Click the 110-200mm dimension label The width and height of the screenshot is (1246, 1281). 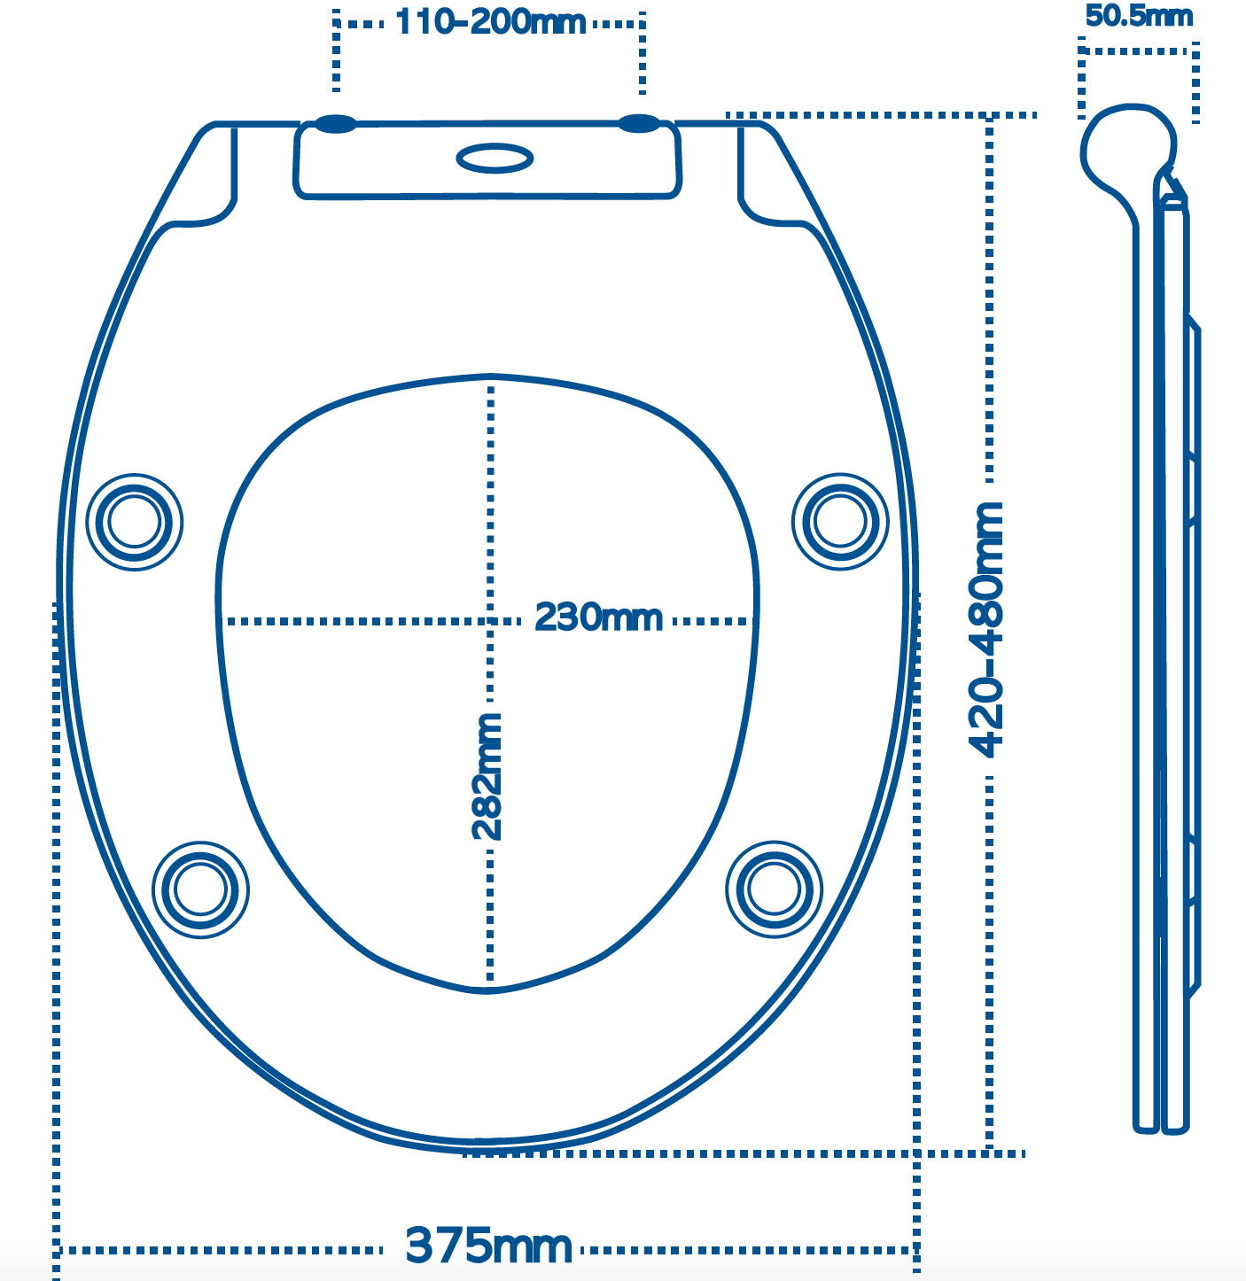490,23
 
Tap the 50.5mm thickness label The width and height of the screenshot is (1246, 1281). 1139,16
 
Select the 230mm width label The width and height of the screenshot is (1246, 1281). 598,617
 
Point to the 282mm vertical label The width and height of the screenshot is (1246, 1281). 488,777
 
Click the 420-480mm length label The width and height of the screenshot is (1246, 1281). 985,630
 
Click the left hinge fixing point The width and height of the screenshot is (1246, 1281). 336,124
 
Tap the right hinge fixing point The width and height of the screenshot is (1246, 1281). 640,123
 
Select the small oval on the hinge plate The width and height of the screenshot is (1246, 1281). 495,158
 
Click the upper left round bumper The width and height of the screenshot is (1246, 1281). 135,522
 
